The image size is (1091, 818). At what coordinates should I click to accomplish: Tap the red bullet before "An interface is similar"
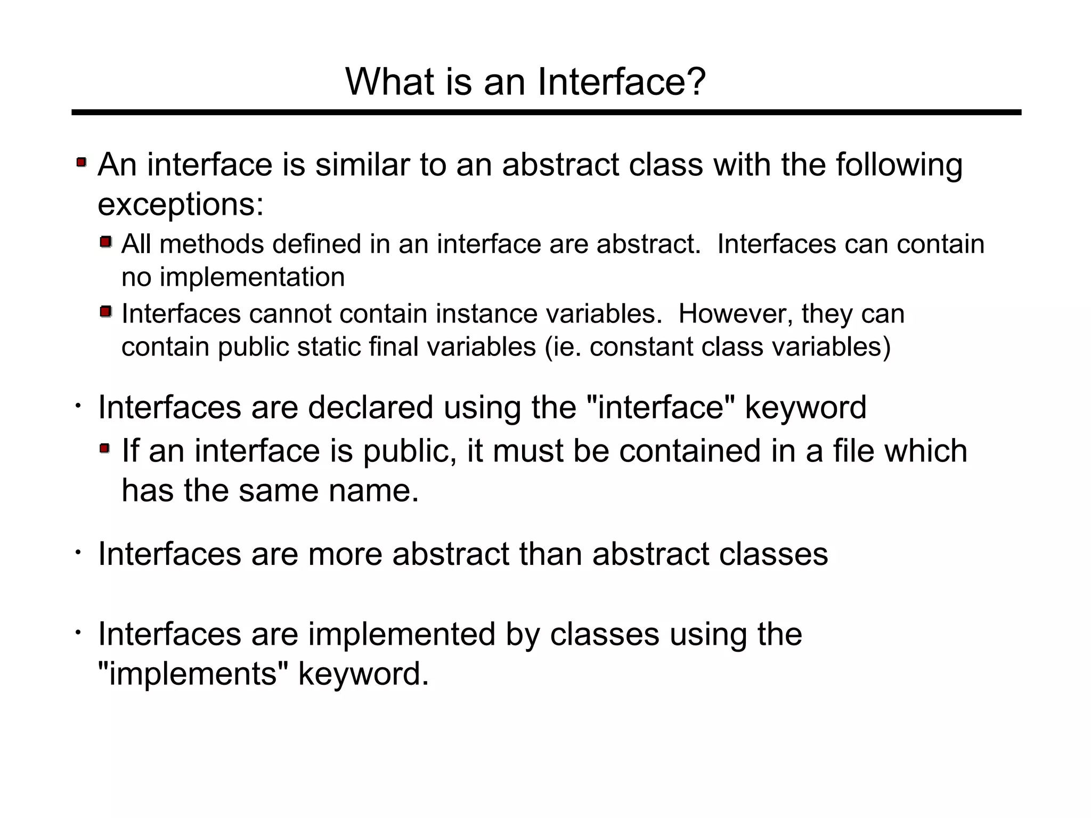(82, 161)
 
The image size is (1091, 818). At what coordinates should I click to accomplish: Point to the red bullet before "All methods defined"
(106, 242)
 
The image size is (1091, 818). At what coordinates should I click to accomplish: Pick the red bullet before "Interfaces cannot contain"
(106, 311)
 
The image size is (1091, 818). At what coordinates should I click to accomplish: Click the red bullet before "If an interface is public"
(105, 449)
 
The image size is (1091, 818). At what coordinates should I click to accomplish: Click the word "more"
(345, 554)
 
